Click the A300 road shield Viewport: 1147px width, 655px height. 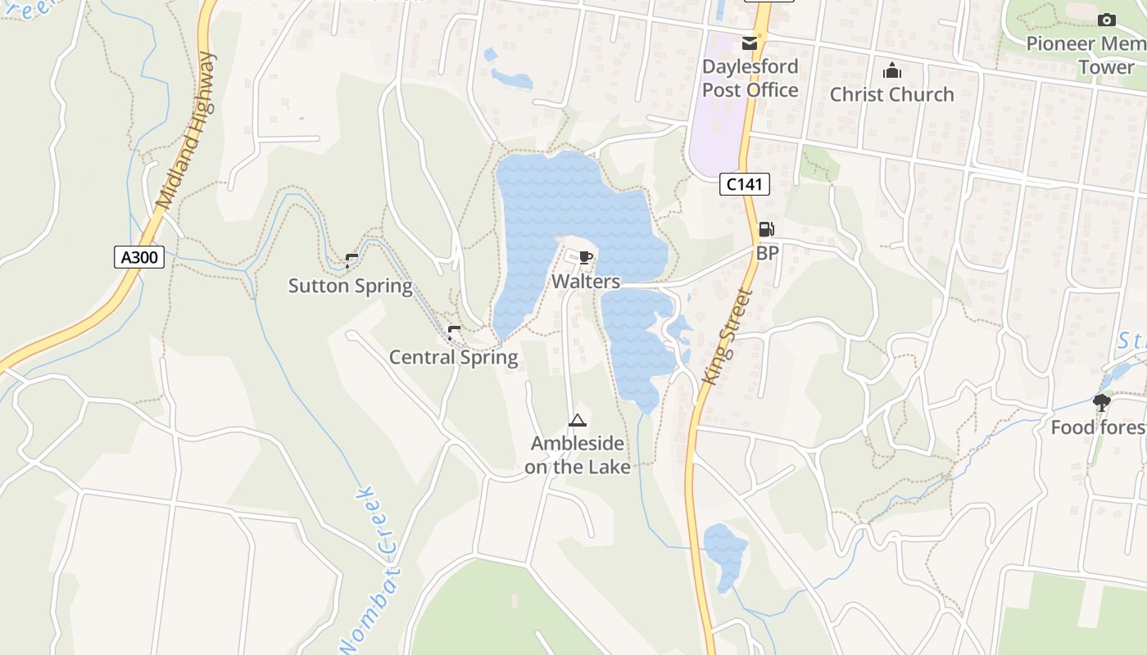click(139, 257)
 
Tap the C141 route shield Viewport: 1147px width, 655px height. click(745, 184)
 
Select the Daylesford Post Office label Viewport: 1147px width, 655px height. click(750, 78)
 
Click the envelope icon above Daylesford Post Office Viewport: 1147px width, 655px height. click(750, 43)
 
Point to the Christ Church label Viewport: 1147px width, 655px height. click(891, 94)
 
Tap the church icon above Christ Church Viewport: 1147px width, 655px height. click(892, 71)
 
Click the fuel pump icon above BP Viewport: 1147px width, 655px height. click(767, 230)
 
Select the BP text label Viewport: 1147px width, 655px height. click(767, 254)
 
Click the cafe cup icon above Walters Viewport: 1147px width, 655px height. click(585, 258)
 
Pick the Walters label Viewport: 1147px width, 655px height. click(585, 282)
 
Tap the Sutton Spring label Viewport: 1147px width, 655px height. click(350, 286)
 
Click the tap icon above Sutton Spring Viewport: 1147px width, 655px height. click(351, 261)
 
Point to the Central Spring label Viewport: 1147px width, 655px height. click(453, 357)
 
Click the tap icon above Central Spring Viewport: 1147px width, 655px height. click(454, 333)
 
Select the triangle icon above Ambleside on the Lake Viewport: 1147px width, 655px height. click(578, 421)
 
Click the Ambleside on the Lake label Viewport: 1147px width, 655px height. click(578, 455)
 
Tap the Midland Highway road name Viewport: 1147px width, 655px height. click(186, 131)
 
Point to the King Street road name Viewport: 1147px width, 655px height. click(727, 337)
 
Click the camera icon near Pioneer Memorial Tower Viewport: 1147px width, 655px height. click(1106, 20)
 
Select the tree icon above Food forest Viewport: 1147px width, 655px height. click(1102, 402)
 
